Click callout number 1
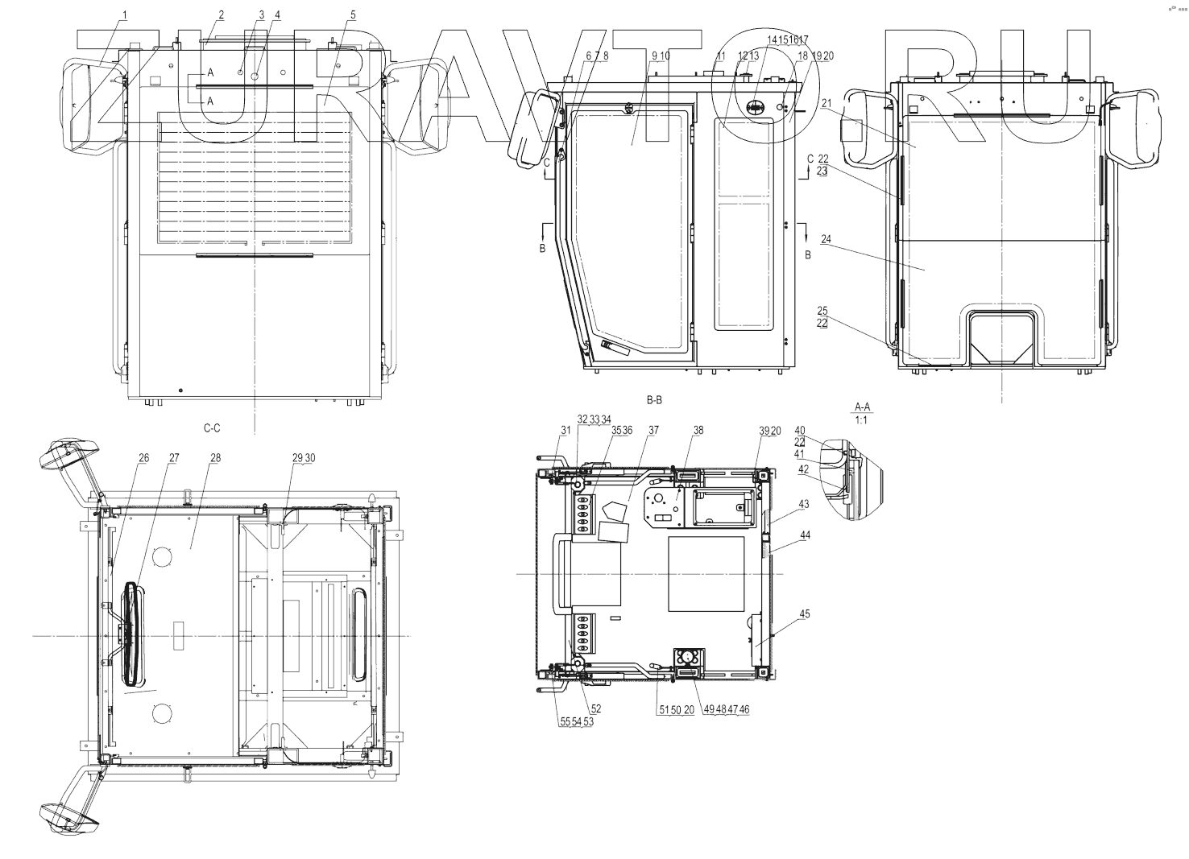(x=125, y=14)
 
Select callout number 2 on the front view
(x=221, y=14)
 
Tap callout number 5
(x=353, y=14)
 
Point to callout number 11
(x=720, y=56)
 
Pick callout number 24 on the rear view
(x=826, y=239)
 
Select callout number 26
(x=143, y=458)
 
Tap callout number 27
(x=174, y=458)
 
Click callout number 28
(x=215, y=458)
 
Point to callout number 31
(x=565, y=431)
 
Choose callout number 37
(x=653, y=431)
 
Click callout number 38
(x=698, y=431)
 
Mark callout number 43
(x=804, y=505)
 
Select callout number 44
(x=805, y=535)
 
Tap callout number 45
(x=805, y=614)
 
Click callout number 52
(x=596, y=709)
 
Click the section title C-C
(x=212, y=429)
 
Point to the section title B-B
(x=654, y=399)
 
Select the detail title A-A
(x=860, y=408)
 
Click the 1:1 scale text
(x=860, y=420)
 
